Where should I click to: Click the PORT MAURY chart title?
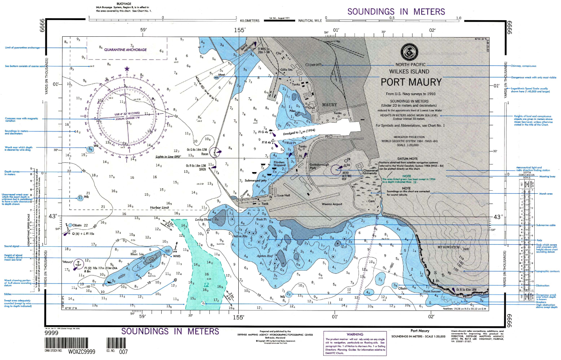coord(411,82)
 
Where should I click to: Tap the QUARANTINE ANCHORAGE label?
coord(125,50)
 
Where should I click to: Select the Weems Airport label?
coord(332,204)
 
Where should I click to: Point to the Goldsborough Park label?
coord(319,166)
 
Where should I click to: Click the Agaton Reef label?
coord(265,256)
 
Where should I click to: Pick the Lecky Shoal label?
coord(203,220)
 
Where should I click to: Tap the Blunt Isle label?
coord(137,254)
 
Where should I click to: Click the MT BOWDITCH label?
coord(448,247)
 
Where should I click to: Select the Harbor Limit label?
coord(159,208)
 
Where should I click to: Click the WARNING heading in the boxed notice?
coord(355,334)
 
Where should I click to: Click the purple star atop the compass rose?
coord(127,69)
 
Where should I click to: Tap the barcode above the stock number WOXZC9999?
coord(66,343)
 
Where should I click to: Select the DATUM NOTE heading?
coord(407,159)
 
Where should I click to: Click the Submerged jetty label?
coord(255,181)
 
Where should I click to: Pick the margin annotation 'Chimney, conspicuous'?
coord(523,66)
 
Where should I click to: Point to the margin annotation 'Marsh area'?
coord(546,194)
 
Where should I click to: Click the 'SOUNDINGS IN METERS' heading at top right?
coord(396,12)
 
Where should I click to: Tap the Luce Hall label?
coord(283,195)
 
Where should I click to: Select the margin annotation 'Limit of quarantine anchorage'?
coord(22,48)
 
